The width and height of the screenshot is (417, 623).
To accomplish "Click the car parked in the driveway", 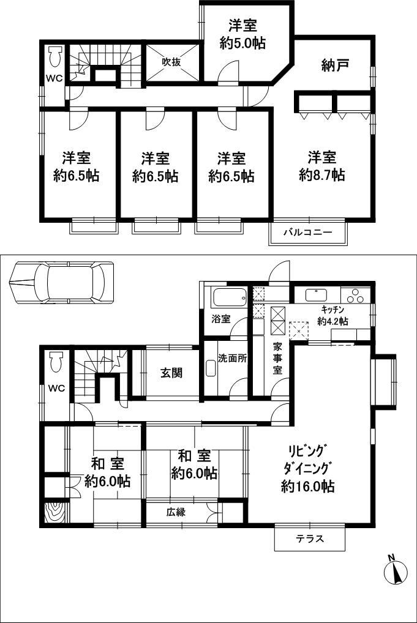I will [62, 282].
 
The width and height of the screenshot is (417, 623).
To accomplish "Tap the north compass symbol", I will [394, 573].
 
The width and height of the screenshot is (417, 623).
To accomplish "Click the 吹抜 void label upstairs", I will [171, 62].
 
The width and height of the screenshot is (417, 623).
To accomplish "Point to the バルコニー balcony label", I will [307, 233].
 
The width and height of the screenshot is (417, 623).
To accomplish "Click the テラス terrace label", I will [309, 539].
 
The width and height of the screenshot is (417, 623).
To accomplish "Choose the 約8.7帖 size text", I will [321, 175].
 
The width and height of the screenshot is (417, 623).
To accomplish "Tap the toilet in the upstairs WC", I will [54, 58].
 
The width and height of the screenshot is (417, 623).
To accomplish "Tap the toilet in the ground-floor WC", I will [55, 362].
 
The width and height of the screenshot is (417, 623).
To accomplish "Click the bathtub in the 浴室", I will [227, 299].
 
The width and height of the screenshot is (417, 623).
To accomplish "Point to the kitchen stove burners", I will [355, 296].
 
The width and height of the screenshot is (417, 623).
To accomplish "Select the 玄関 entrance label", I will [171, 373].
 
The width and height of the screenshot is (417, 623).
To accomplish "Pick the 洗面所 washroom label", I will [233, 359].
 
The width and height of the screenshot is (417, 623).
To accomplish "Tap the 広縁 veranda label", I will [176, 512].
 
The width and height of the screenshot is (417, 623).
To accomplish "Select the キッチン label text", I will [332, 309].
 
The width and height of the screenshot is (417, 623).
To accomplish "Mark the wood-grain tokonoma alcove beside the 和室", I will [56, 512].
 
